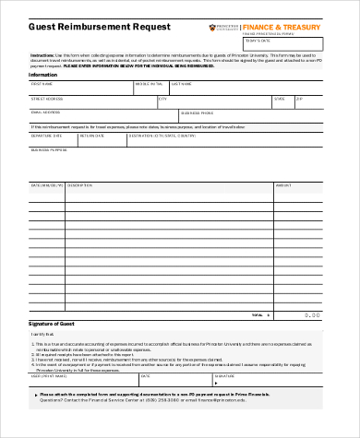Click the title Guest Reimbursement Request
[87, 29]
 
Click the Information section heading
[44, 76]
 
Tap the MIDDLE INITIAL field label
[149, 84]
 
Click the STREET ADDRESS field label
[47, 97]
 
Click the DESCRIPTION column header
[81, 183]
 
